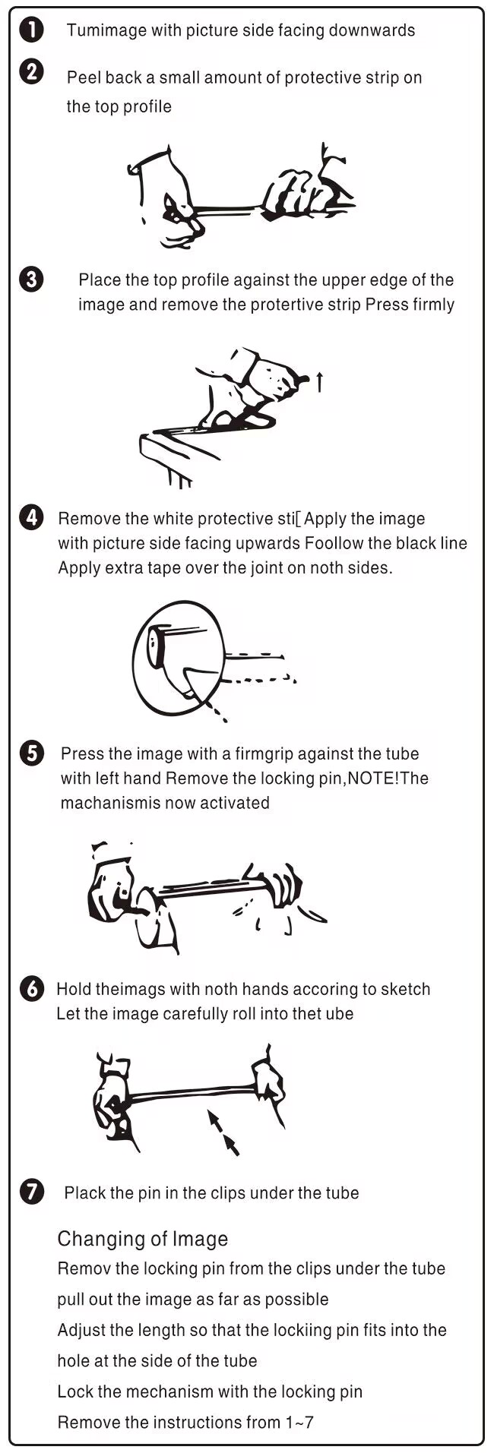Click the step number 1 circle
31,30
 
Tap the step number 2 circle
31,73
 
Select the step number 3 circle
31,280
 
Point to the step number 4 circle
31,518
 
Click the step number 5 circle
31,753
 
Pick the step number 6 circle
31,989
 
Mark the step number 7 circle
31,1192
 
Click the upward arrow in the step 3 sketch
319,382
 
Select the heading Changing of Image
143,1239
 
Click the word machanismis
110,803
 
